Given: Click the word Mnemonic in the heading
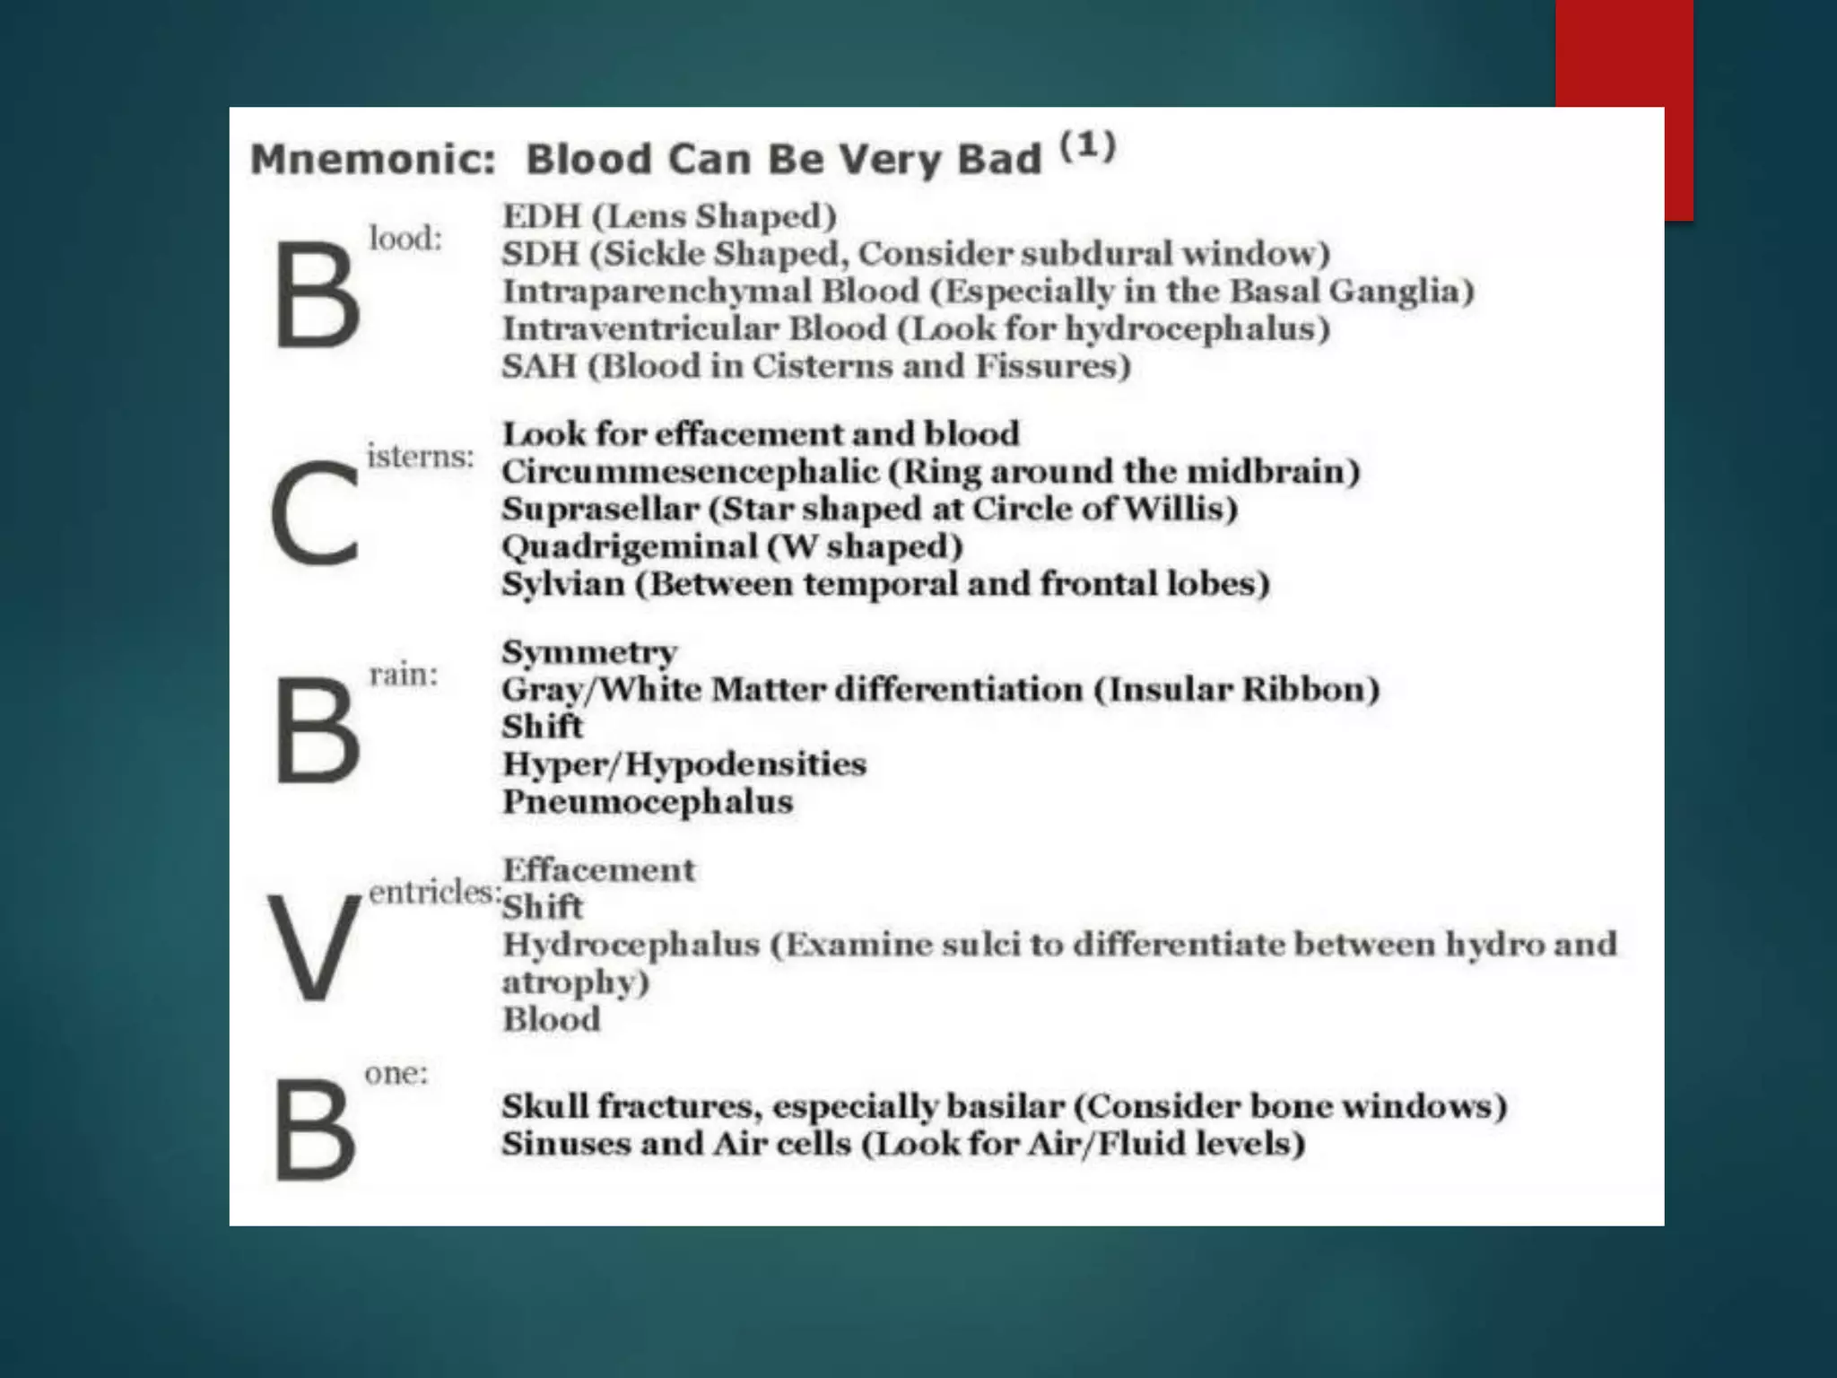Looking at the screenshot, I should coord(372,160).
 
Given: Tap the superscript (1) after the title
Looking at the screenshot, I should coord(1088,145).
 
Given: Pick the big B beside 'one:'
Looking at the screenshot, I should coord(314,1129).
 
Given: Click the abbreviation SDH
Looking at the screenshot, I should coord(539,254).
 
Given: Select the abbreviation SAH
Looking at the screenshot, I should coord(538,366).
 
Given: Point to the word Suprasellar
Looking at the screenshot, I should coord(599,510).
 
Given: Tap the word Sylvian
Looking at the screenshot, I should coord(562,584).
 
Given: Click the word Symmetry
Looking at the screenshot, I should coord(589,653).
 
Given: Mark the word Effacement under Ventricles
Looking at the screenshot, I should coord(598,870).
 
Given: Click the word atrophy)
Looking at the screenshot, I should coord(575,982).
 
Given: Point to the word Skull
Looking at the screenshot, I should coord(544,1106).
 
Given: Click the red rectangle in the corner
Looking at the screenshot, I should coord(1624,54).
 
